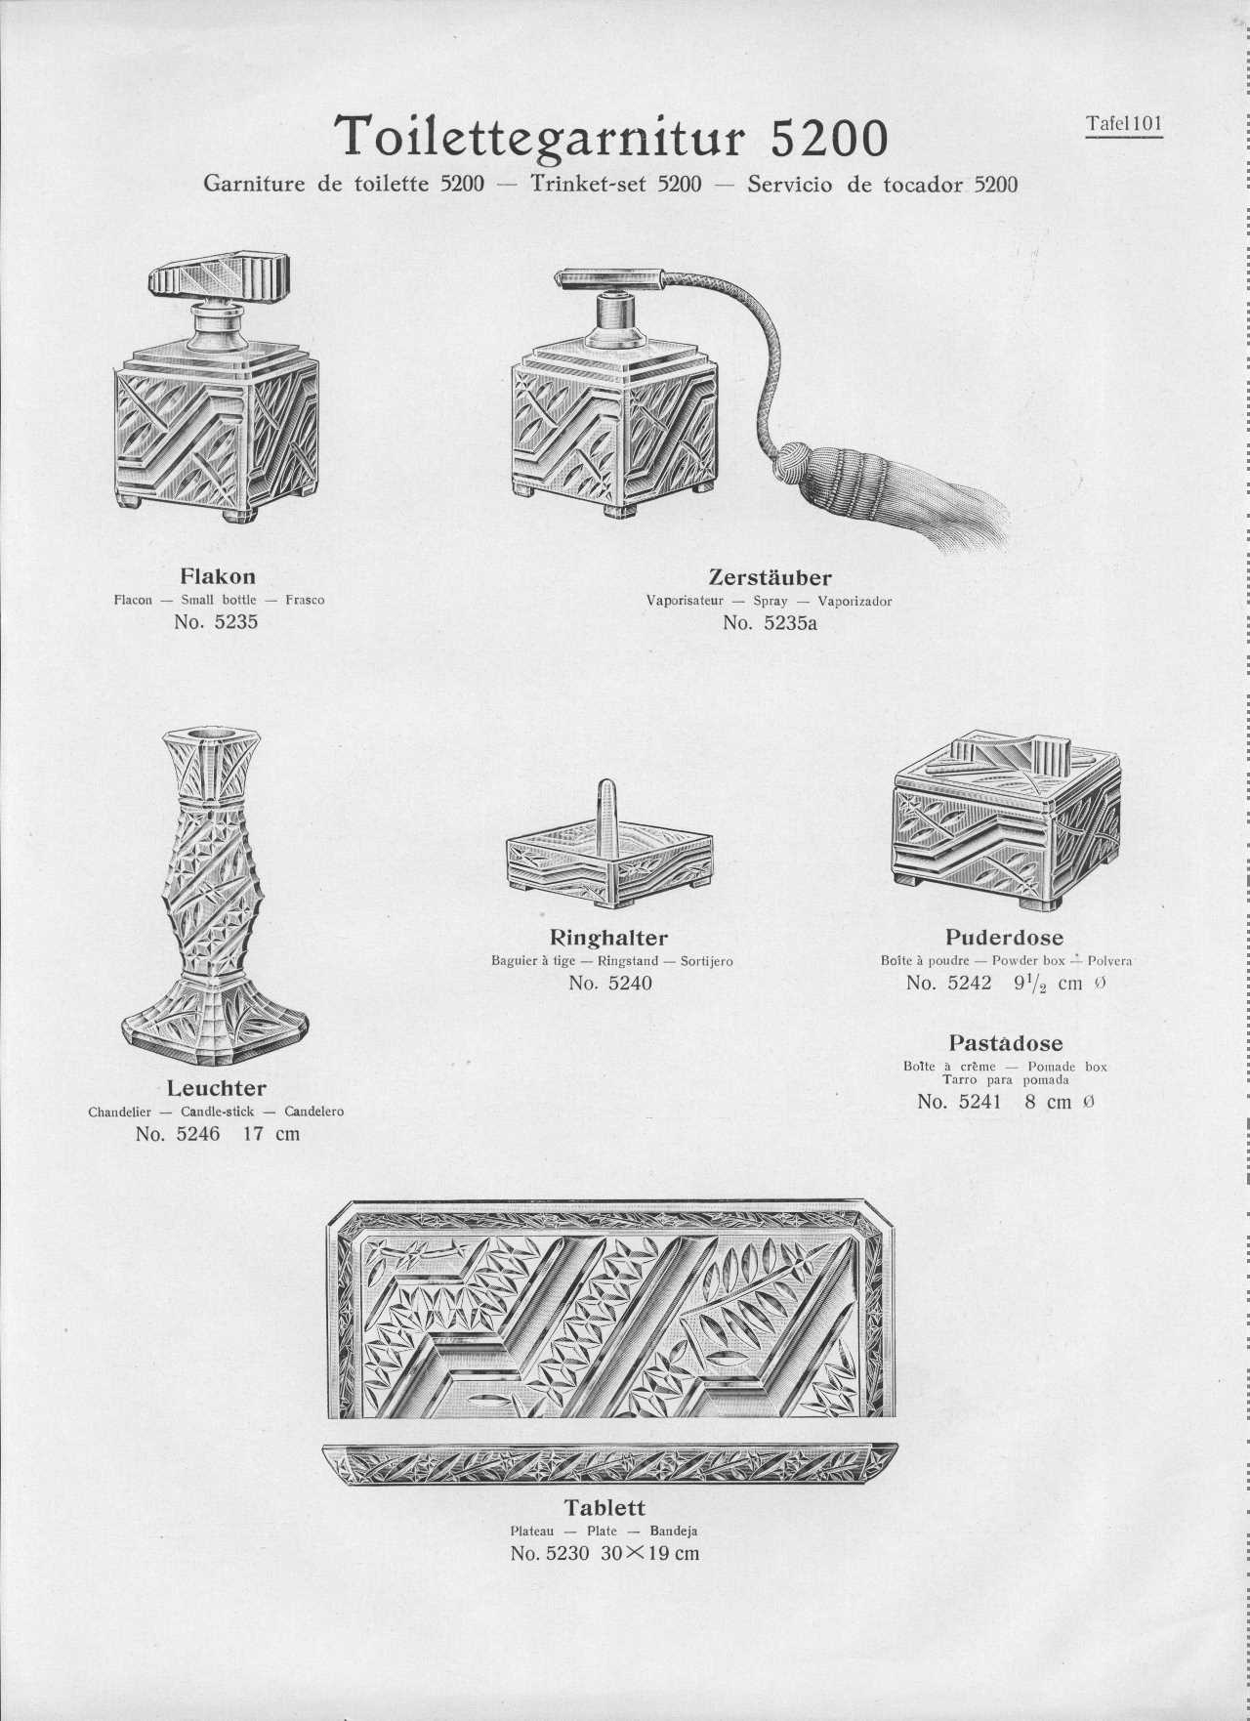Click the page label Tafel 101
pyautogui.click(x=1124, y=124)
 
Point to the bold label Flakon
pyautogui.click(x=218, y=576)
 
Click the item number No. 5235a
pyautogui.click(x=770, y=622)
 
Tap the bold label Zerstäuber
pyautogui.click(x=770, y=577)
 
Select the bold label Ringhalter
pyautogui.click(x=610, y=939)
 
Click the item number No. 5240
pyautogui.click(x=610, y=983)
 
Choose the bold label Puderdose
pyautogui.click(x=1005, y=938)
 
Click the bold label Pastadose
pyautogui.click(x=1005, y=1043)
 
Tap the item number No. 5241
pyautogui.click(x=960, y=1102)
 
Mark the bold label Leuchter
pyautogui.click(x=217, y=1088)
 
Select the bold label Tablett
pyautogui.click(x=604, y=1507)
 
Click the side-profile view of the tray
pyautogui.click(x=610, y=1462)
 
